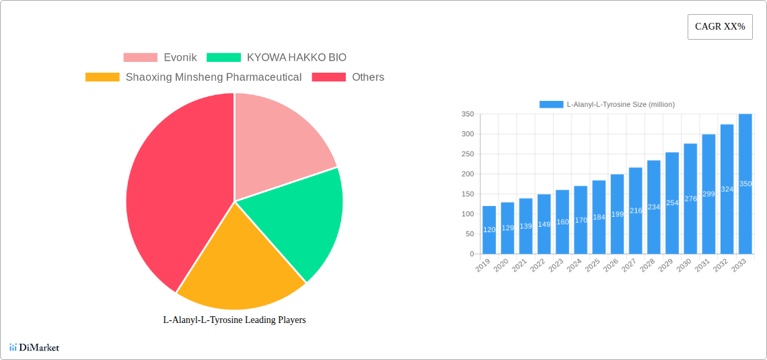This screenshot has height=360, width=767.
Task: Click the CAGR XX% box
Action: point(720,27)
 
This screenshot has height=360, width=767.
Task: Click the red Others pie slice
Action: point(175,195)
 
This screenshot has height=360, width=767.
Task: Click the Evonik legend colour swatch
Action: point(140,58)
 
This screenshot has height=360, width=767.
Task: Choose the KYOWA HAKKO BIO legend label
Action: point(297,58)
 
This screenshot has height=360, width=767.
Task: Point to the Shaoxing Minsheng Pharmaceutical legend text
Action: point(213,77)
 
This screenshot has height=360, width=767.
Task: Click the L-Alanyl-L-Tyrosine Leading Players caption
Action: point(234,320)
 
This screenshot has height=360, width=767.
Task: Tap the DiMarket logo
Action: point(34,347)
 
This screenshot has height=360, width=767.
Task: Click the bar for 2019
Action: point(489,230)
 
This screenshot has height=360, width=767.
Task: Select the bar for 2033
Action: point(745,184)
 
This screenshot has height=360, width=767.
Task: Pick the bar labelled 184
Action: point(599,217)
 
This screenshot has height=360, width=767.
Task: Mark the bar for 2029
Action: point(671,203)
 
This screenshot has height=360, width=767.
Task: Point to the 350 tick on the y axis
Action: point(467,114)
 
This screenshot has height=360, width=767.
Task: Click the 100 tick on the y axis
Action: point(467,214)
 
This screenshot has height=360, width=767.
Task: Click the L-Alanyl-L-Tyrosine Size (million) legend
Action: point(607,104)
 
